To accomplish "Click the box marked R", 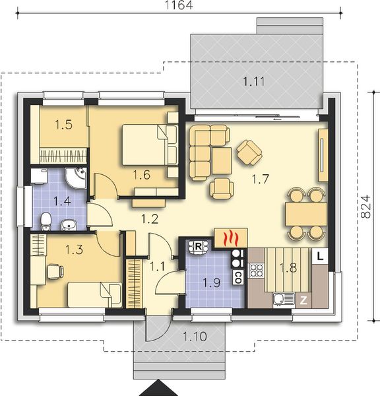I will tap(197, 247).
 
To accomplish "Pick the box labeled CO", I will tap(237, 277).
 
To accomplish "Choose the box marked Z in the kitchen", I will tap(304, 300).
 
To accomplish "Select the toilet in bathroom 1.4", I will tap(45, 221).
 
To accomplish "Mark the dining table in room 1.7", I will tap(306, 213).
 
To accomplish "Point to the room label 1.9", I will tap(211, 283).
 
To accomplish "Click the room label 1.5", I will tap(63, 124).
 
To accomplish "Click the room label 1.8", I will tap(289, 267).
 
